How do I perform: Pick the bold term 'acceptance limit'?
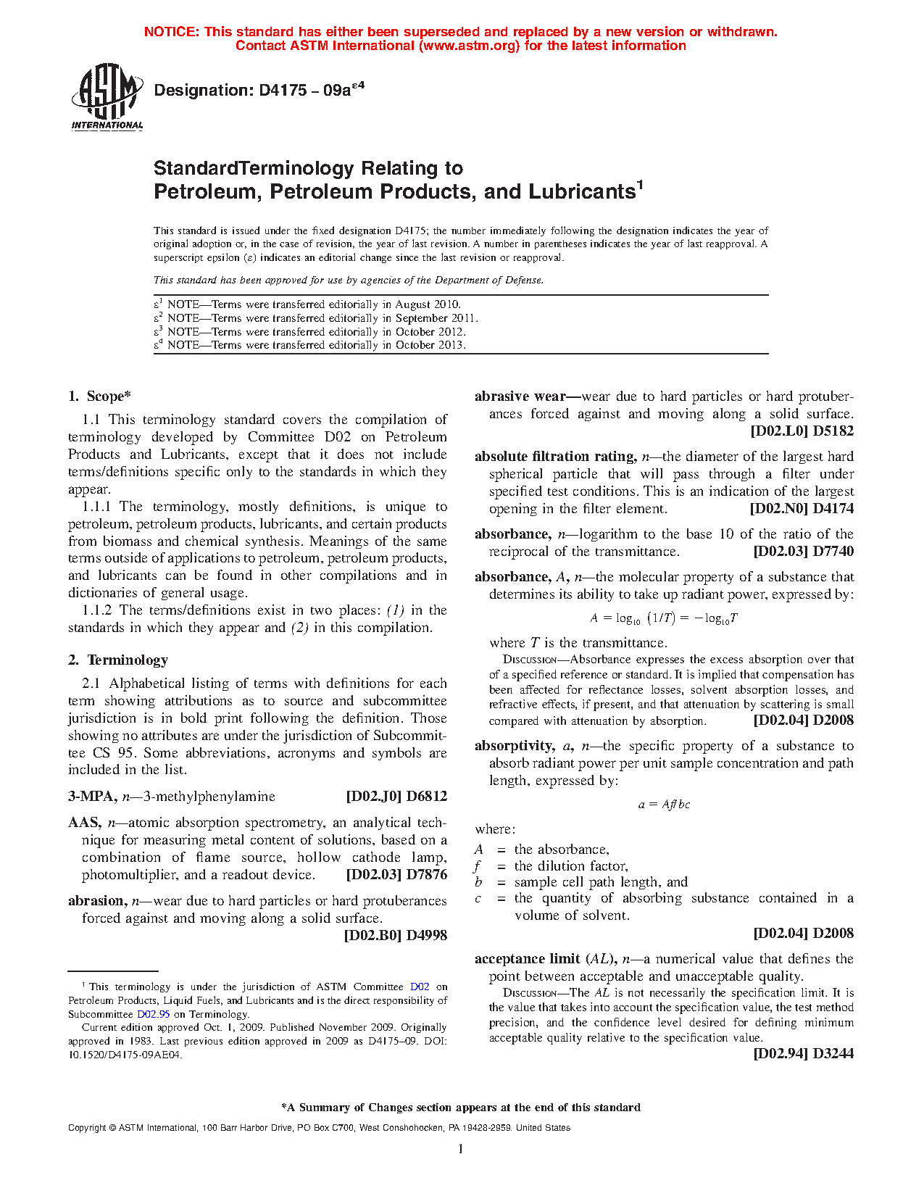coord(527,959)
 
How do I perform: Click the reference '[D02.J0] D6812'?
coord(396,797)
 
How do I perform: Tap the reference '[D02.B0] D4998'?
coord(395,936)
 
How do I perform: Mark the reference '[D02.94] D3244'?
coord(803,1054)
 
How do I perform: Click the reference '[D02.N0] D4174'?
coord(802,509)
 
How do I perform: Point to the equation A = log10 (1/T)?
coord(664,618)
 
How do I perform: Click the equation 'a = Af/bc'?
coord(664,805)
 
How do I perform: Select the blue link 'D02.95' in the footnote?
coord(154,1015)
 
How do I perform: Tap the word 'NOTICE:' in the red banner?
coord(172,32)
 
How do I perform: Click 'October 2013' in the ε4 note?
coord(430,345)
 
